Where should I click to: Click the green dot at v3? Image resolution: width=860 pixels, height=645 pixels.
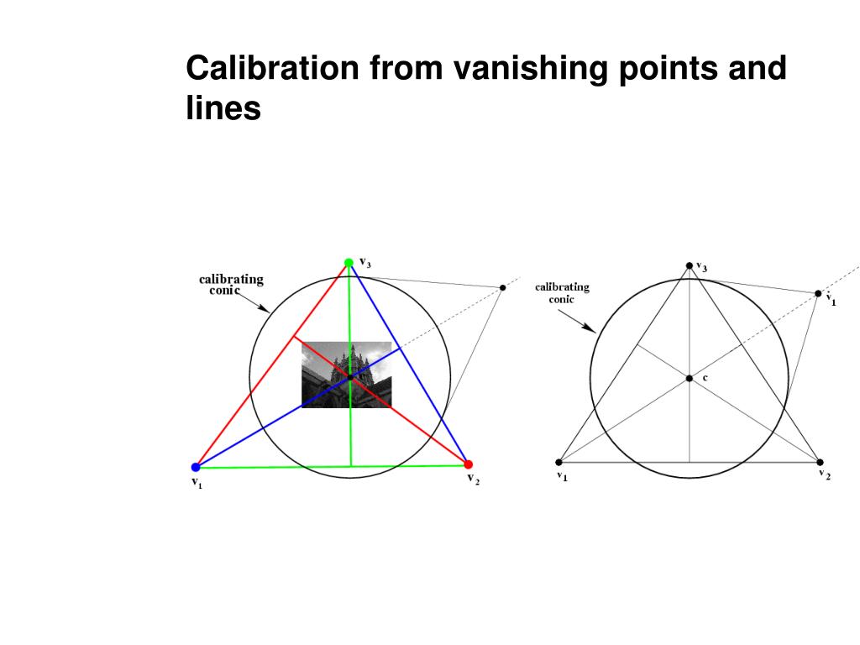349,263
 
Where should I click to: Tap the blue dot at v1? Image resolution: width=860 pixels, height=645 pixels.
196,467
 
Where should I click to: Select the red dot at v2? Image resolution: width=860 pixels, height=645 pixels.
469,464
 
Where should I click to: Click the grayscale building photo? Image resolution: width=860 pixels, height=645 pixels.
346,375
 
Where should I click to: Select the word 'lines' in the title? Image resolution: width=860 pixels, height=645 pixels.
223,109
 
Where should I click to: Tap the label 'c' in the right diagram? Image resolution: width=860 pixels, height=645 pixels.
705,378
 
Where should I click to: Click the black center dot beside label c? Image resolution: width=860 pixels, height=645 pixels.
690,379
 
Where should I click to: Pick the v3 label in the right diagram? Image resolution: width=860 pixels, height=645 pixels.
701,267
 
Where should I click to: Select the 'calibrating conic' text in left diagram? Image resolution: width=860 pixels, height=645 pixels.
231,285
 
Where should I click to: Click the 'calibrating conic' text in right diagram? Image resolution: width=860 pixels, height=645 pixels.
562,292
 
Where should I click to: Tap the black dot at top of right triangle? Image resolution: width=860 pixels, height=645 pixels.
690,265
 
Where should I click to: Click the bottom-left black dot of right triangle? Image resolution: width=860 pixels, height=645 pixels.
559,462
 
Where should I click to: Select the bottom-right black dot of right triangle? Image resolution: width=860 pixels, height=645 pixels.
820,462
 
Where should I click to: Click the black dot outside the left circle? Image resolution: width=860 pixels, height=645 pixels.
502,288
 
